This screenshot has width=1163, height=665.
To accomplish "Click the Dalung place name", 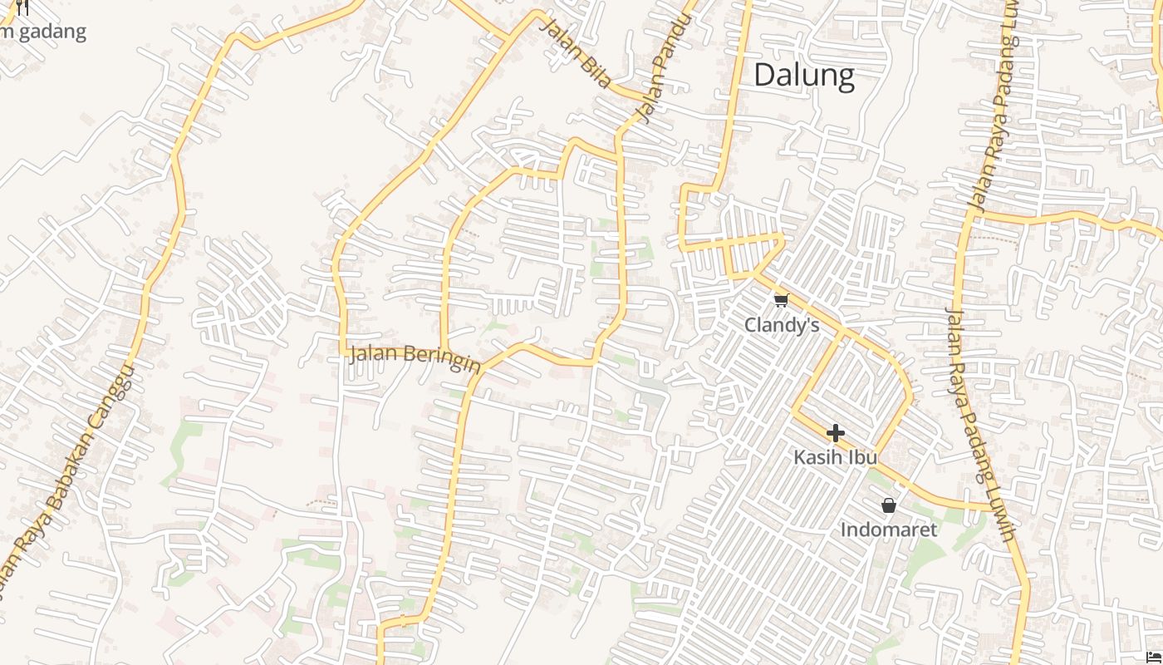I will [803, 76].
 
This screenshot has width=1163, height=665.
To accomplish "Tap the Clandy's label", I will [781, 325].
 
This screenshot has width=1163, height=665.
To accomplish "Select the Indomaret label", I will [888, 530].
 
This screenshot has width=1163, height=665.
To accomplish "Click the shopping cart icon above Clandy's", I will [781, 301].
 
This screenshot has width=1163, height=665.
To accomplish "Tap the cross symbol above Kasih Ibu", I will [836, 433].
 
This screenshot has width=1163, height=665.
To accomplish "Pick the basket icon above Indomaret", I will [888, 505].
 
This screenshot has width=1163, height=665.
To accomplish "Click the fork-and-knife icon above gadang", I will [22, 7].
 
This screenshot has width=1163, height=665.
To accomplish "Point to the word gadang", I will [50, 32].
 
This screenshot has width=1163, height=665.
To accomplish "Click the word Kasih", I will [816, 457].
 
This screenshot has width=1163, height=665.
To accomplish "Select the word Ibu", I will [862, 457].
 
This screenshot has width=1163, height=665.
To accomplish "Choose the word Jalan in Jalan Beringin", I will [371, 353].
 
